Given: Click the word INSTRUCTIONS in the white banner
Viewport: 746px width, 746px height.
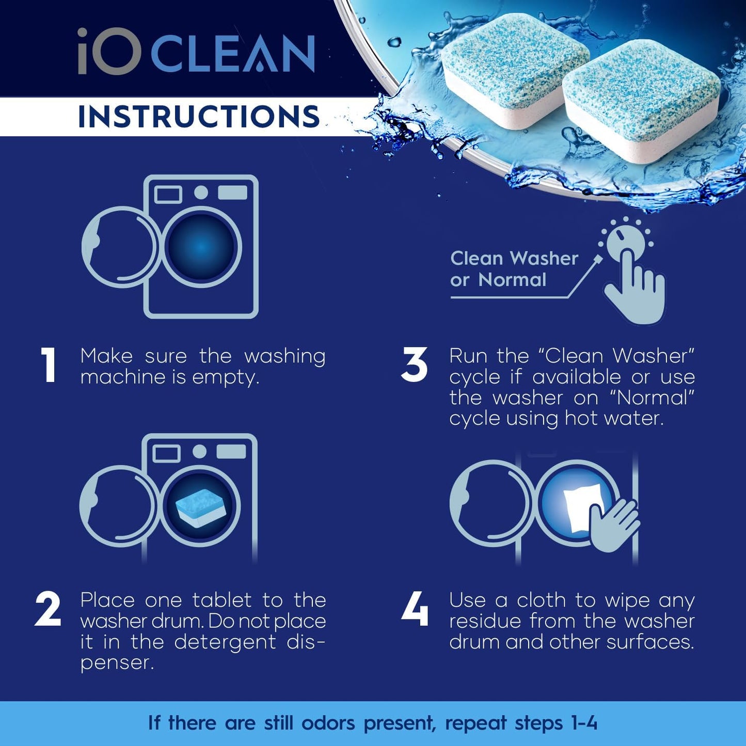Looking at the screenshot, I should pyautogui.click(x=199, y=116).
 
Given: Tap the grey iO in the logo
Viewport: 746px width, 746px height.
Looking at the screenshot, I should pyautogui.click(x=109, y=51).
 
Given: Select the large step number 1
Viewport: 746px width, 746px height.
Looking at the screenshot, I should pyautogui.click(x=49, y=365).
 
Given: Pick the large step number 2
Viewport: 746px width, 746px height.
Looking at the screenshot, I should pyautogui.click(x=48, y=609).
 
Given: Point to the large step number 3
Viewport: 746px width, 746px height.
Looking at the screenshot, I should pyautogui.click(x=414, y=365).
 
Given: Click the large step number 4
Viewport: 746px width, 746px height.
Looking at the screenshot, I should pyautogui.click(x=415, y=609).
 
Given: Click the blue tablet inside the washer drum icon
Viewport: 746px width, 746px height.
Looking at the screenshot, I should pyautogui.click(x=200, y=507).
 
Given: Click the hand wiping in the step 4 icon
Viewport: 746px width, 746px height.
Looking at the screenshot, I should pyautogui.click(x=614, y=524).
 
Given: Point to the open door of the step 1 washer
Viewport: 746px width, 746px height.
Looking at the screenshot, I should pyautogui.click(x=120, y=247).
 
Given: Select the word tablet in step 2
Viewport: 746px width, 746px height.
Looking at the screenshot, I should pyautogui.click(x=222, y=600).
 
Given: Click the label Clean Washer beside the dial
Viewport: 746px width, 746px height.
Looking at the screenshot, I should pyautogui.click(x=514, y=258).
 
